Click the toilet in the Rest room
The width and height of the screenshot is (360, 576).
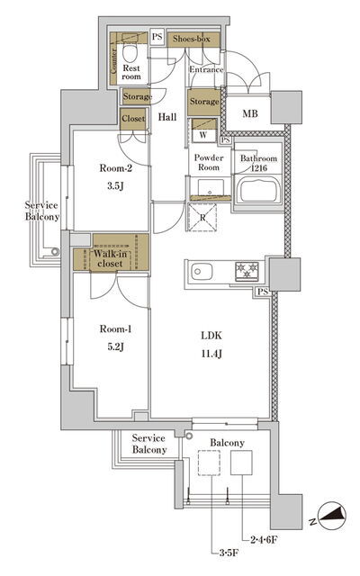click(130, 50)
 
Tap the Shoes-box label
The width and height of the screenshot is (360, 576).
click(192, 39)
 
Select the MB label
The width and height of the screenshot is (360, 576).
click(250, 113)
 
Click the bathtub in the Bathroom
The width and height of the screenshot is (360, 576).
click(258, 189)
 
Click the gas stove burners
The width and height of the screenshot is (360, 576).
click(247, 270)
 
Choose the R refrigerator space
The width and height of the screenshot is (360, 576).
click(202, 217)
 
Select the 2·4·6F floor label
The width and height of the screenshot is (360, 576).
click(264, 540)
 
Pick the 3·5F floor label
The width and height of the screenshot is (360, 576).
click(229, 553)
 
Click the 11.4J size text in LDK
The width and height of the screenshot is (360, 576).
click(211, 354)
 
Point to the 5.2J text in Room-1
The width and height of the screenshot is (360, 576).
click(115, 346)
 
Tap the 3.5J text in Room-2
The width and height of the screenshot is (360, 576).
click(115, 186)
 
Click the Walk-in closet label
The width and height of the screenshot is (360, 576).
click(110, 258)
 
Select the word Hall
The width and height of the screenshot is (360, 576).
click(167, 117)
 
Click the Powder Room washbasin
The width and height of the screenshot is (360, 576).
click(211, 187)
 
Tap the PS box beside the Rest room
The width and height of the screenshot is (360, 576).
click(157, 37)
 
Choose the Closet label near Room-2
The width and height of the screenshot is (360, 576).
click(133, 118)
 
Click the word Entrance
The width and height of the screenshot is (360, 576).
click(206, 69)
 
